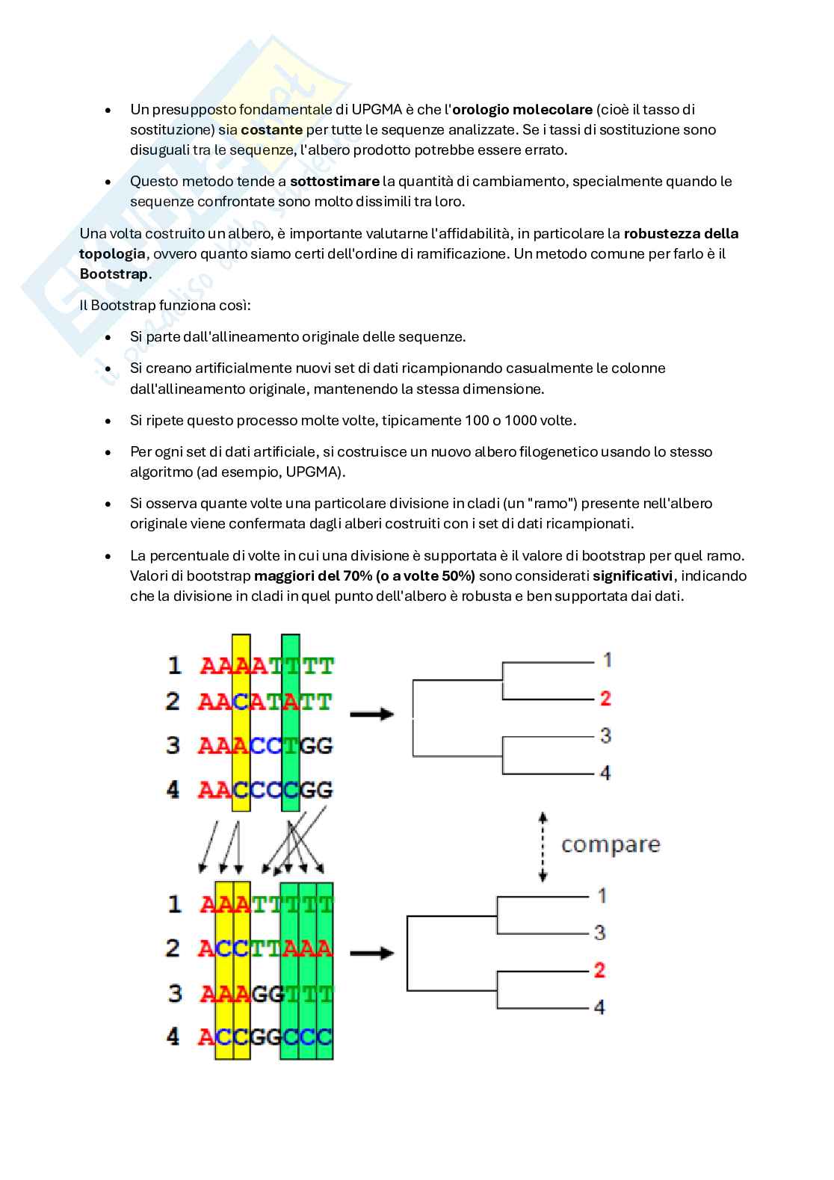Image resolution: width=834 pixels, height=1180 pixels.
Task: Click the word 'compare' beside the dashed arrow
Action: click(x=611, y=844)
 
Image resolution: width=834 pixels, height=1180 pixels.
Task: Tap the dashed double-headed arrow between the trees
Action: click(x=543, y=847)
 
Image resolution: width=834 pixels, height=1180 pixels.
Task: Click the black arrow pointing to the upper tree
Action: click(x=371, y=714)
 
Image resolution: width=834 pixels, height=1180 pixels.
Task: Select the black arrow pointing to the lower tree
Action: click(x=371, y=953)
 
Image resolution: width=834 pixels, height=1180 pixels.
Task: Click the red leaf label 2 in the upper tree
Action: click(x=605, y=698)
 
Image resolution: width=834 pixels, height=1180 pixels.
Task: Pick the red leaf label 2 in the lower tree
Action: click(x=599, y=970)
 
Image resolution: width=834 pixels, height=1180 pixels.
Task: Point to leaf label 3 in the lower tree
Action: click(x=599, y=933)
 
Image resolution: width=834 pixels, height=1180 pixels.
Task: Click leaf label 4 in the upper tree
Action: click(x=605, y=773)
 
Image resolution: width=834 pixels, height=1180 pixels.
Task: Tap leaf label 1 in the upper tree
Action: click(x=607, y=660)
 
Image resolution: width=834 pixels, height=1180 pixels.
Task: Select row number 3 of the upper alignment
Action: click(x=173, y=745)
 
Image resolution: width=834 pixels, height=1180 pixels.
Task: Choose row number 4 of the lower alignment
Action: click(x=173, y=1037)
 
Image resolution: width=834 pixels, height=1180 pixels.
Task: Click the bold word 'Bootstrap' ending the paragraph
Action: click(x=114, y=274)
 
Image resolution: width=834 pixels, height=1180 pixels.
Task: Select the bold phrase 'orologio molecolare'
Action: click(x=522, y=109)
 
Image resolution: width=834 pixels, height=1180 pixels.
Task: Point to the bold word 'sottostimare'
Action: click(x=334, y=181)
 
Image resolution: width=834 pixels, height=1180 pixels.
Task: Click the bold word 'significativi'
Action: click(x=632, y=575)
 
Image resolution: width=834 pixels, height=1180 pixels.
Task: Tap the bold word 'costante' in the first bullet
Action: click(x=271, y=129)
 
